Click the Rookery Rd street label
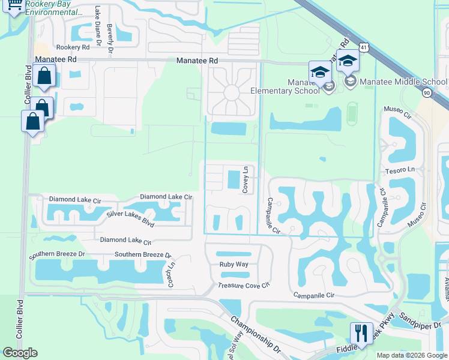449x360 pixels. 73,47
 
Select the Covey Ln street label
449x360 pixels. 246,180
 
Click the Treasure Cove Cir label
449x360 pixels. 243,286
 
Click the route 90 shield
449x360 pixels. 427,93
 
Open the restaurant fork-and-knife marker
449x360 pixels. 361,332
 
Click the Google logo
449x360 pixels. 20,353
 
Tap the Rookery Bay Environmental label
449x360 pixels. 54,8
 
